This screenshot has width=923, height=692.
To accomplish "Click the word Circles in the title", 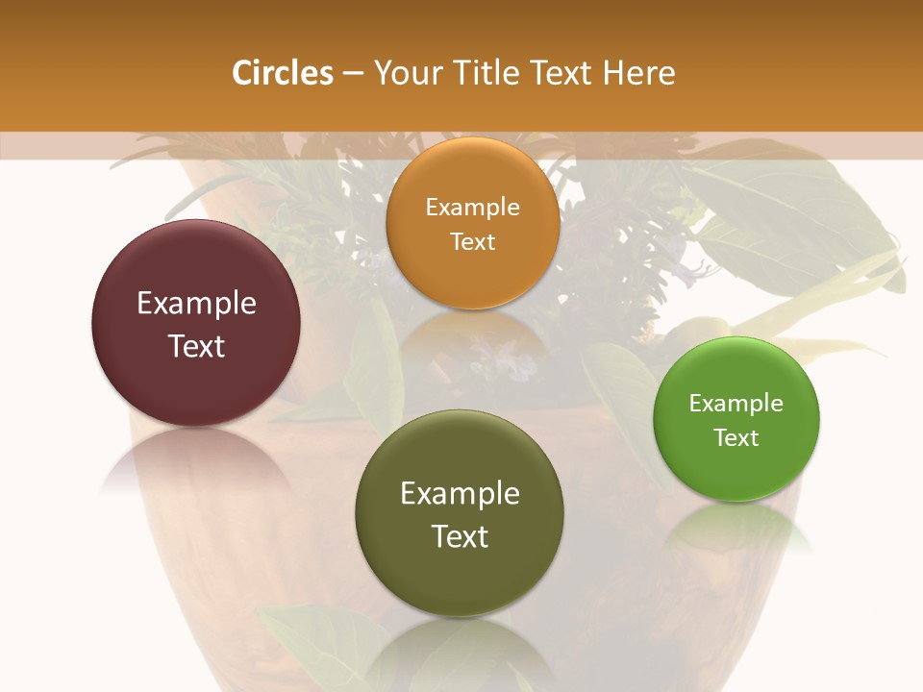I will tap(282, 73).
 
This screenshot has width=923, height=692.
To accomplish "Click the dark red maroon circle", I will tap(196, 279).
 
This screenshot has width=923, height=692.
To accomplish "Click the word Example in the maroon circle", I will tap(196, 304).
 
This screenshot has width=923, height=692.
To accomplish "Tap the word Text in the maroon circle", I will tap(196, 346).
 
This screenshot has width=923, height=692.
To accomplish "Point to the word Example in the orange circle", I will tap(472, 207).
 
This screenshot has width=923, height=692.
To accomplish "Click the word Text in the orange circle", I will tap(472, 241).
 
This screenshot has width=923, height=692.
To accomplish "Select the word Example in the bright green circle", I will tap(736, 403).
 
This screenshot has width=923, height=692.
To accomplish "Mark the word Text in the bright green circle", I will tap(736, 437).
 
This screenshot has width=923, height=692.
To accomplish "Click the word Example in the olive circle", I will tap(460, 493).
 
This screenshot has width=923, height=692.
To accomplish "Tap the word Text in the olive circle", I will tap(460, 535).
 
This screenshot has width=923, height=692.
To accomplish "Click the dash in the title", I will tap(352, 74).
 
